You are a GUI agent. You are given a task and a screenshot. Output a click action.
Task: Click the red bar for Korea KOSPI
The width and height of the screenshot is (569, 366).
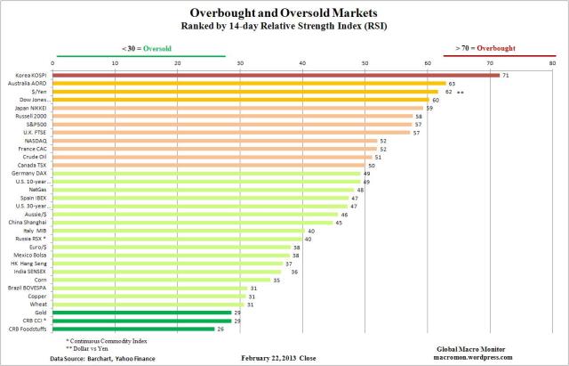(276, 76)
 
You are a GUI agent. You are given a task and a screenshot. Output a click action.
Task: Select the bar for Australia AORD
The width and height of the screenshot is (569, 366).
(249, 84)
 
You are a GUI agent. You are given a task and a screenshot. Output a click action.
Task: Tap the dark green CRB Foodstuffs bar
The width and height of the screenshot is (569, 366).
(133, 329)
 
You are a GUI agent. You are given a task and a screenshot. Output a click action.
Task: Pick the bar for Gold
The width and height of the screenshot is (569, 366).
(142, 313)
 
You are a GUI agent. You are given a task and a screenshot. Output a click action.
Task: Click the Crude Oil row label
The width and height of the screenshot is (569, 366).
(35, 157)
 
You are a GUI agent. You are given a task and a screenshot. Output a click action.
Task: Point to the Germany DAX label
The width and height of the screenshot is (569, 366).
(32, 173)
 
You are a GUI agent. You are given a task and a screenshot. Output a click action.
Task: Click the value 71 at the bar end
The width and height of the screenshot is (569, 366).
(505, 76)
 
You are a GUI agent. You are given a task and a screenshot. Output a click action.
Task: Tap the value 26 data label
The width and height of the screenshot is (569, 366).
(220, 329)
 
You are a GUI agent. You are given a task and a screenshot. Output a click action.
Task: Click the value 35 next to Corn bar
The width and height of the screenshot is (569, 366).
(276, 281)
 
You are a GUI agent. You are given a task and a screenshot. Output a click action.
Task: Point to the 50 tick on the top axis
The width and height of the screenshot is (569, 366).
(365, 63)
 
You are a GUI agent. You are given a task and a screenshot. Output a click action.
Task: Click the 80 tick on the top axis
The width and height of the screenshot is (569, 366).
(552, 63)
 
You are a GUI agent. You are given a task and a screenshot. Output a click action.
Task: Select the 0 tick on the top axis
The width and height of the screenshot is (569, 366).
(53, 63)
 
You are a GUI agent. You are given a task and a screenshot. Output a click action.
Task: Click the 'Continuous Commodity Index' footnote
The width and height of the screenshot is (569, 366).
(110, 340)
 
